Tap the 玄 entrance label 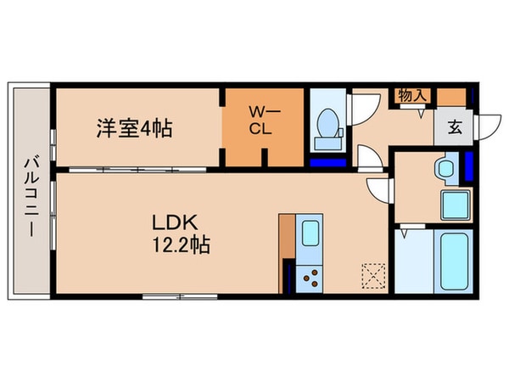tap(454, 128)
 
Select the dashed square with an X tap(372, 275)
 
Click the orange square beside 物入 tap(451, 96)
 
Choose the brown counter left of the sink tap(287, 252)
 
